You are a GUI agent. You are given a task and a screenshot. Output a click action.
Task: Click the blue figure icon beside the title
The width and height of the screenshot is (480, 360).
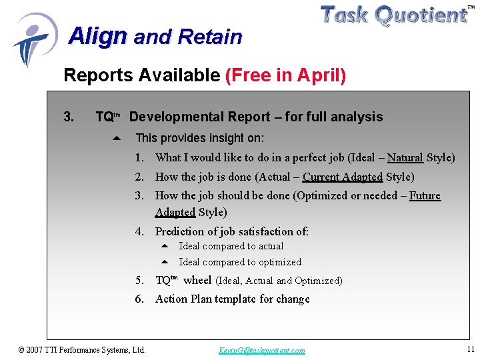click(33, 39)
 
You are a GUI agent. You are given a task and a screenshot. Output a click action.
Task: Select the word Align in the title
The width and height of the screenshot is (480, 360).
click(97, 35)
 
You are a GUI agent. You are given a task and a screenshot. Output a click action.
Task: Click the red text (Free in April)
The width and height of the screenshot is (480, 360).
click(286, 76)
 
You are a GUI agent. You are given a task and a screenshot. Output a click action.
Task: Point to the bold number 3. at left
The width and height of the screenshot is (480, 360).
click(69, 117)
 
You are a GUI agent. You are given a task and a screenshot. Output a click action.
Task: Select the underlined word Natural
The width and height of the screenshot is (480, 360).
click(405, 158)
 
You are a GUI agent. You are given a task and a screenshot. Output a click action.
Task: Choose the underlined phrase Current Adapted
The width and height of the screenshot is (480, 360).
click(342, 177)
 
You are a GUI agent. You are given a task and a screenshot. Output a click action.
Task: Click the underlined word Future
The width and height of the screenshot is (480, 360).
click(425, 195)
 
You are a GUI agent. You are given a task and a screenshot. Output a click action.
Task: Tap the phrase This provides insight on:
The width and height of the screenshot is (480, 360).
click(199, 138)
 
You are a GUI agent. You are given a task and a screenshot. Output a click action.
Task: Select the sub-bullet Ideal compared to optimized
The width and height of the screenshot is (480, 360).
click(239, 262)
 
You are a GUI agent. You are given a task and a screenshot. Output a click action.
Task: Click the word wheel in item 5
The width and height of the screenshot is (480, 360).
click(197, 280)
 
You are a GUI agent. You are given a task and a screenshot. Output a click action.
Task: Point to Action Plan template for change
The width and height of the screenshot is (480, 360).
click(232, 299)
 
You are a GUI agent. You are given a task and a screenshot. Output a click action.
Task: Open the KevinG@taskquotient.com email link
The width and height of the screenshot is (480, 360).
click(261, 350)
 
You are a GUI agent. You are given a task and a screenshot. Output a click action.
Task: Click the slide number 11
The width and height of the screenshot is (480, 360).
click(470, 349)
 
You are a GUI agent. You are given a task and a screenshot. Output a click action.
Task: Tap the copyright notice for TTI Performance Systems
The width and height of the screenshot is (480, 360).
click(82, 349)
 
